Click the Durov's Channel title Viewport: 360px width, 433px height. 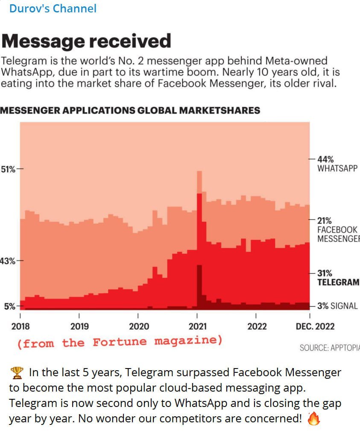53,8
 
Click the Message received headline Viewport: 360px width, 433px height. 86,41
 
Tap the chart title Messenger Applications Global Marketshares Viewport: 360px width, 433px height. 130,111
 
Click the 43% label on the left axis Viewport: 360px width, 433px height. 8,260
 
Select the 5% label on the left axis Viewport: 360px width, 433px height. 9,306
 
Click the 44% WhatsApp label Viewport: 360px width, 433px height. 337,164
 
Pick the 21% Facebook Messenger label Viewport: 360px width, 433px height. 337,229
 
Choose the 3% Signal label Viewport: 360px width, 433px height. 337,306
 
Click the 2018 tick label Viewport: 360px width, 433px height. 20,327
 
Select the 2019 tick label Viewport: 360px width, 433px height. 79,327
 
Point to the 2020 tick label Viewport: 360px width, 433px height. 138,327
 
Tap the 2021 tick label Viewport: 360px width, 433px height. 197,327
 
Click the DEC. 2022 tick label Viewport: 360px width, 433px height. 315,327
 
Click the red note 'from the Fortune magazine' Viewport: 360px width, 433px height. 120,342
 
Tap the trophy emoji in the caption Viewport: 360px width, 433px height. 17,373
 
